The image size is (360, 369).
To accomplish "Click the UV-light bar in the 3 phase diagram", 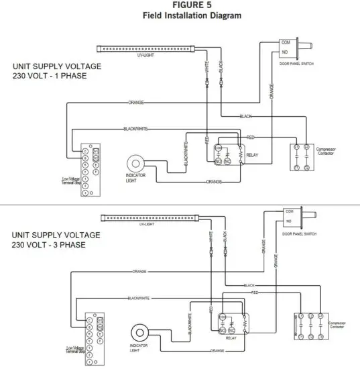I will click(x=150, y=217).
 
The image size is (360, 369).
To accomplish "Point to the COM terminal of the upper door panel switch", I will click(x=286, y=42).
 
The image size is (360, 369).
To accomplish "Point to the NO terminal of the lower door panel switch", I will click(x=289, y=220).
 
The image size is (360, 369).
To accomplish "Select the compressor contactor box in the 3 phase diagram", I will click(x=311, y=325).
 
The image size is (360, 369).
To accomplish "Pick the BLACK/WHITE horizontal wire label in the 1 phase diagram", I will click(x=135, y=128).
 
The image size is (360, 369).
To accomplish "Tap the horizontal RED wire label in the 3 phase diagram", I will click(x=255, y=293).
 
